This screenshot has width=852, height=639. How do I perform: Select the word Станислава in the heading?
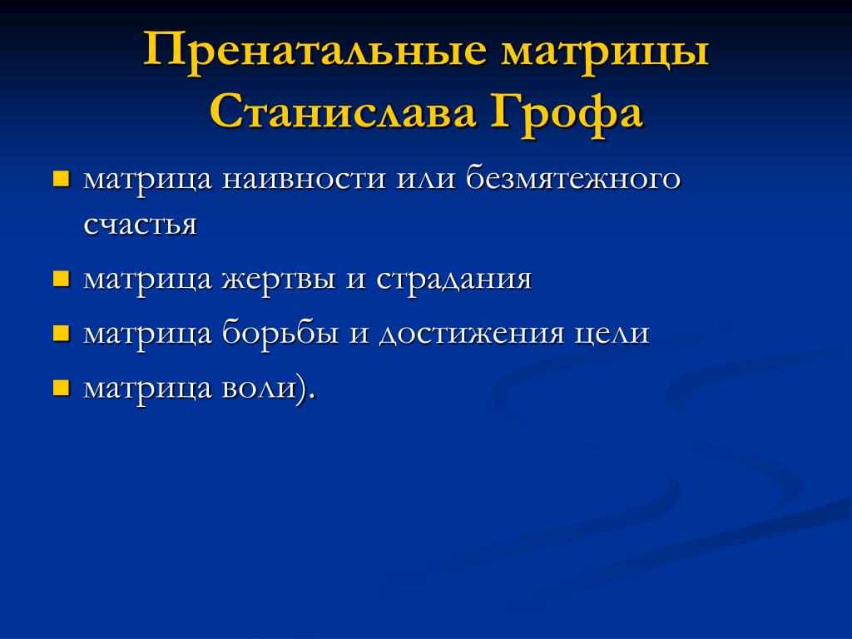pos(342,113)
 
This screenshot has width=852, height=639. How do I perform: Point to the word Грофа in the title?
pos(567,115)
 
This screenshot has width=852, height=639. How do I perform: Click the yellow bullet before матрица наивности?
pos(62,179)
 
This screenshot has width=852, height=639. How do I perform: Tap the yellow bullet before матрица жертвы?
pos(62,279)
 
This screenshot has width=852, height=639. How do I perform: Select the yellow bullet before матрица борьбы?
pos(62,333)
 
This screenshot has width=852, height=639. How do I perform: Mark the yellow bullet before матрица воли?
pos(62,388)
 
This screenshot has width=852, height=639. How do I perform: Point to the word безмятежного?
pos(573,178)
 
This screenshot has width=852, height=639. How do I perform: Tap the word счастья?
pos(140,223)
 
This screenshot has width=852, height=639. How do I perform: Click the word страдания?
pos(453,280)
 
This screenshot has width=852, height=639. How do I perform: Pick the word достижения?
pos(472,334)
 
